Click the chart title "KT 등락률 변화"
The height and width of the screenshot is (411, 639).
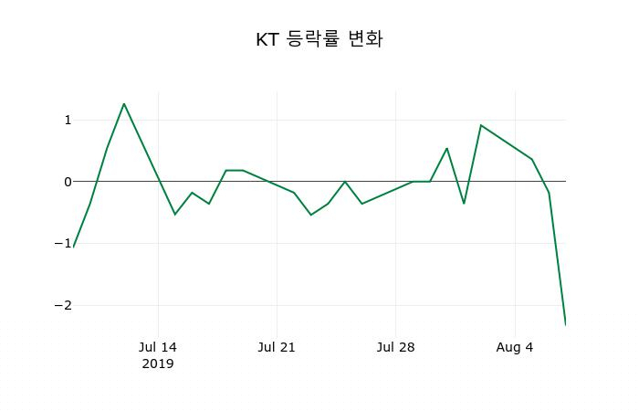click(319, 40)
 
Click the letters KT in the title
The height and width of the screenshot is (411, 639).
click(267, 40)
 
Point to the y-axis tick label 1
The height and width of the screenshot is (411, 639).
click(67, 120)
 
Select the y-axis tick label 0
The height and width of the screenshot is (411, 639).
click(67, 182)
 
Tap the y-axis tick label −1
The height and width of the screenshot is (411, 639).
click(63, 243)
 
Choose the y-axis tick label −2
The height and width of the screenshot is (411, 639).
click(63, 305)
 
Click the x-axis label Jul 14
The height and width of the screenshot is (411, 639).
click(158, 347)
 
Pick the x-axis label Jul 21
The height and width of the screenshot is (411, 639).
click(277, 347)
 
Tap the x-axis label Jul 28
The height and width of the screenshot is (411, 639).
click(395, 347)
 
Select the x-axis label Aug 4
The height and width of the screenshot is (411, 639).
click(515, 347)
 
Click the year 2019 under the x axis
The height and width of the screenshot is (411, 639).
click(158, 364)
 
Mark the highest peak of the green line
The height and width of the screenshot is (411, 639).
click(124, 104)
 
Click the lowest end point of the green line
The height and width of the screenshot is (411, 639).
click(565, 324)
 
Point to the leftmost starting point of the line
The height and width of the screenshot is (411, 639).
click(73, 247)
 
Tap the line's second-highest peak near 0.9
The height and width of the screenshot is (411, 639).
click(481, 125)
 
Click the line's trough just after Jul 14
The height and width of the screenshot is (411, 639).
click(175, 215)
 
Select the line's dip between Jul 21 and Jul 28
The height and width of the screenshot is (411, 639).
click(311, 215)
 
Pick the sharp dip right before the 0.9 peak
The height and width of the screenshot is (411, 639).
click(464, 203)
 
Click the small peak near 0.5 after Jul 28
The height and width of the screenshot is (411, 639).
click(446, 148)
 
